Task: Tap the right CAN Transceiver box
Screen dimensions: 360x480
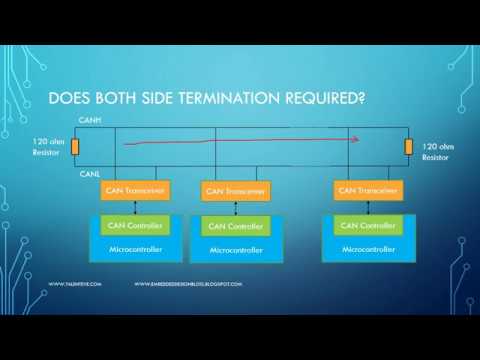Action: [x=368, y=189]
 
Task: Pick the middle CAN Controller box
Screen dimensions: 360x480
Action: [x=233, y=227]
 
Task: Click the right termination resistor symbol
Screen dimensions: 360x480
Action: [x=408, y=150]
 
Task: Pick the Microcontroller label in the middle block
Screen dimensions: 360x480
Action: [x=236, y=249]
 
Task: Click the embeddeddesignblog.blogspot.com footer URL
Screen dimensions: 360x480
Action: [x=188, y=284]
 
